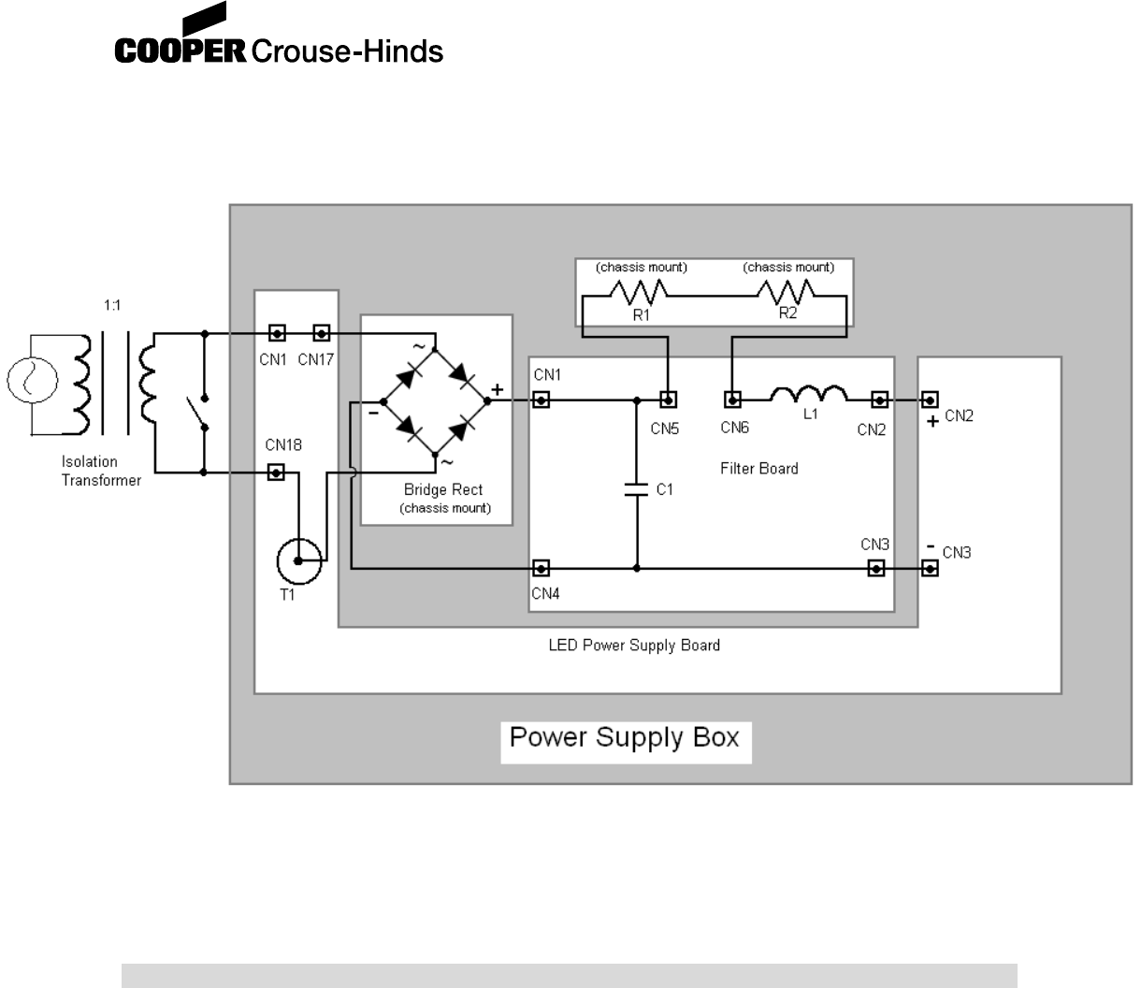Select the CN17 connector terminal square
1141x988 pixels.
[x=321, y=333]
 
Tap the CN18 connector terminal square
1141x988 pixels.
[x=276, y=472]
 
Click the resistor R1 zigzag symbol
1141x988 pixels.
[x=641, y=295]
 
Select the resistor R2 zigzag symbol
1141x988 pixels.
[x=787, y=295]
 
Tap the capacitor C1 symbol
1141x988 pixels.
[x=636, y=489]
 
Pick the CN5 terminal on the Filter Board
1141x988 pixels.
[x=668, y=400]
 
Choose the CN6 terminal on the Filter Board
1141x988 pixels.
[x=734, y=400]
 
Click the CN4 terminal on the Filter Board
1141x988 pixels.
[x=541, y=568]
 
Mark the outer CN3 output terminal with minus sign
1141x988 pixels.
[x=929, y=568]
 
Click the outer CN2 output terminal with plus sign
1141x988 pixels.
[x=929, y=400]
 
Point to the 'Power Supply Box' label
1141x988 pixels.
[x=625, y=738]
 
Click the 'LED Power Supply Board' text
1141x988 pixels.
[x=633, y=645]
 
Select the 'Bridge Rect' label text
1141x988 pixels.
[x=443, y=489]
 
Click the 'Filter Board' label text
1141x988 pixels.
[x=759, y=468]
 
